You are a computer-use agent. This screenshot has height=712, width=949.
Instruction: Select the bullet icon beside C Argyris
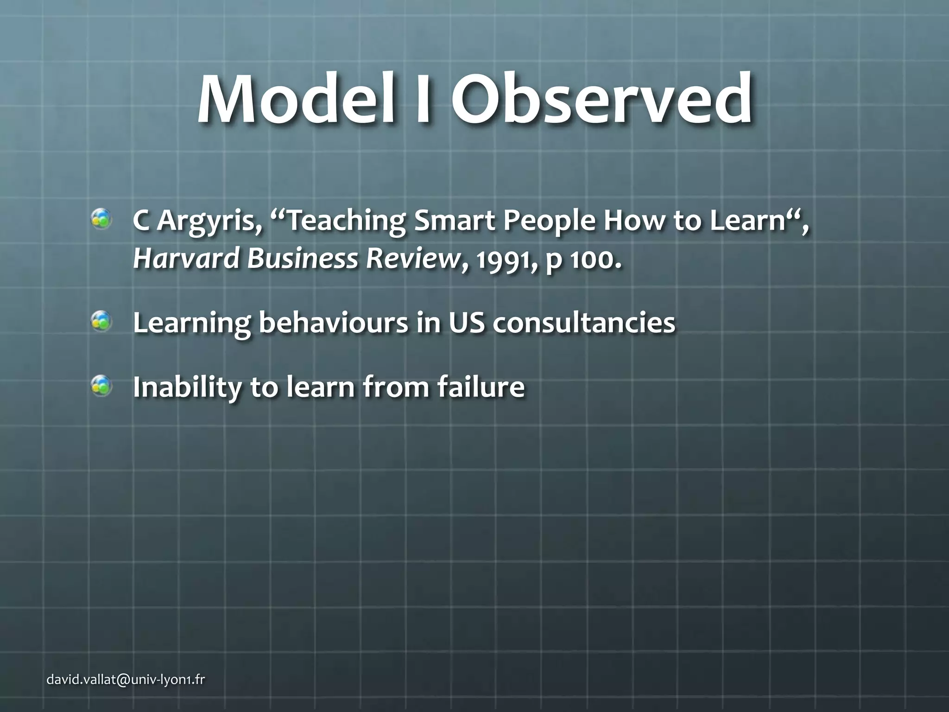101,219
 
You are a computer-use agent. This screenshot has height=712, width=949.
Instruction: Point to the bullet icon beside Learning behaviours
101,321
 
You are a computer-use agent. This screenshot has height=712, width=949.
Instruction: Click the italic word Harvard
185,258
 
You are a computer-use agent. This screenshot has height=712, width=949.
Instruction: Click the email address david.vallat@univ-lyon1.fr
126,680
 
